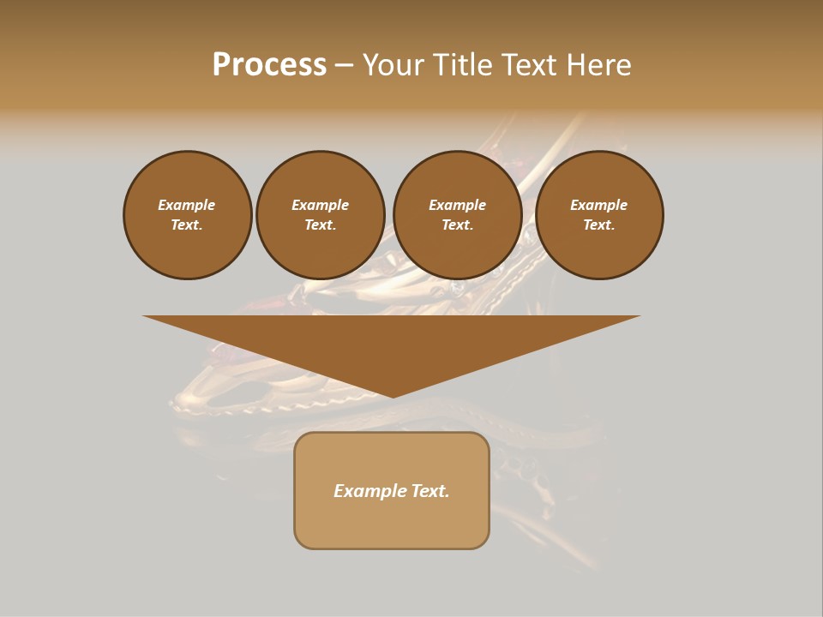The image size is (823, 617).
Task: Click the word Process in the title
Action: [x=269, y=65]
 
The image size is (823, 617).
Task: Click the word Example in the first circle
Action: [x=187, y=205]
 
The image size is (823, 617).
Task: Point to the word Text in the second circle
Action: [x=320, y=225]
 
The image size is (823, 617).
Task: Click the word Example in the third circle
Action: [x=457, y=205]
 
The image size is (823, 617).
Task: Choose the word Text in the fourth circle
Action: [x=598, y=225]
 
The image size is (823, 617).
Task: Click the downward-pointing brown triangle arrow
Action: [x=392, y=343]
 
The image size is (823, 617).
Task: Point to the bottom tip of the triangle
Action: [x=392, y=396]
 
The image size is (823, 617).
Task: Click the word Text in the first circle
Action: [x=187, y=225]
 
